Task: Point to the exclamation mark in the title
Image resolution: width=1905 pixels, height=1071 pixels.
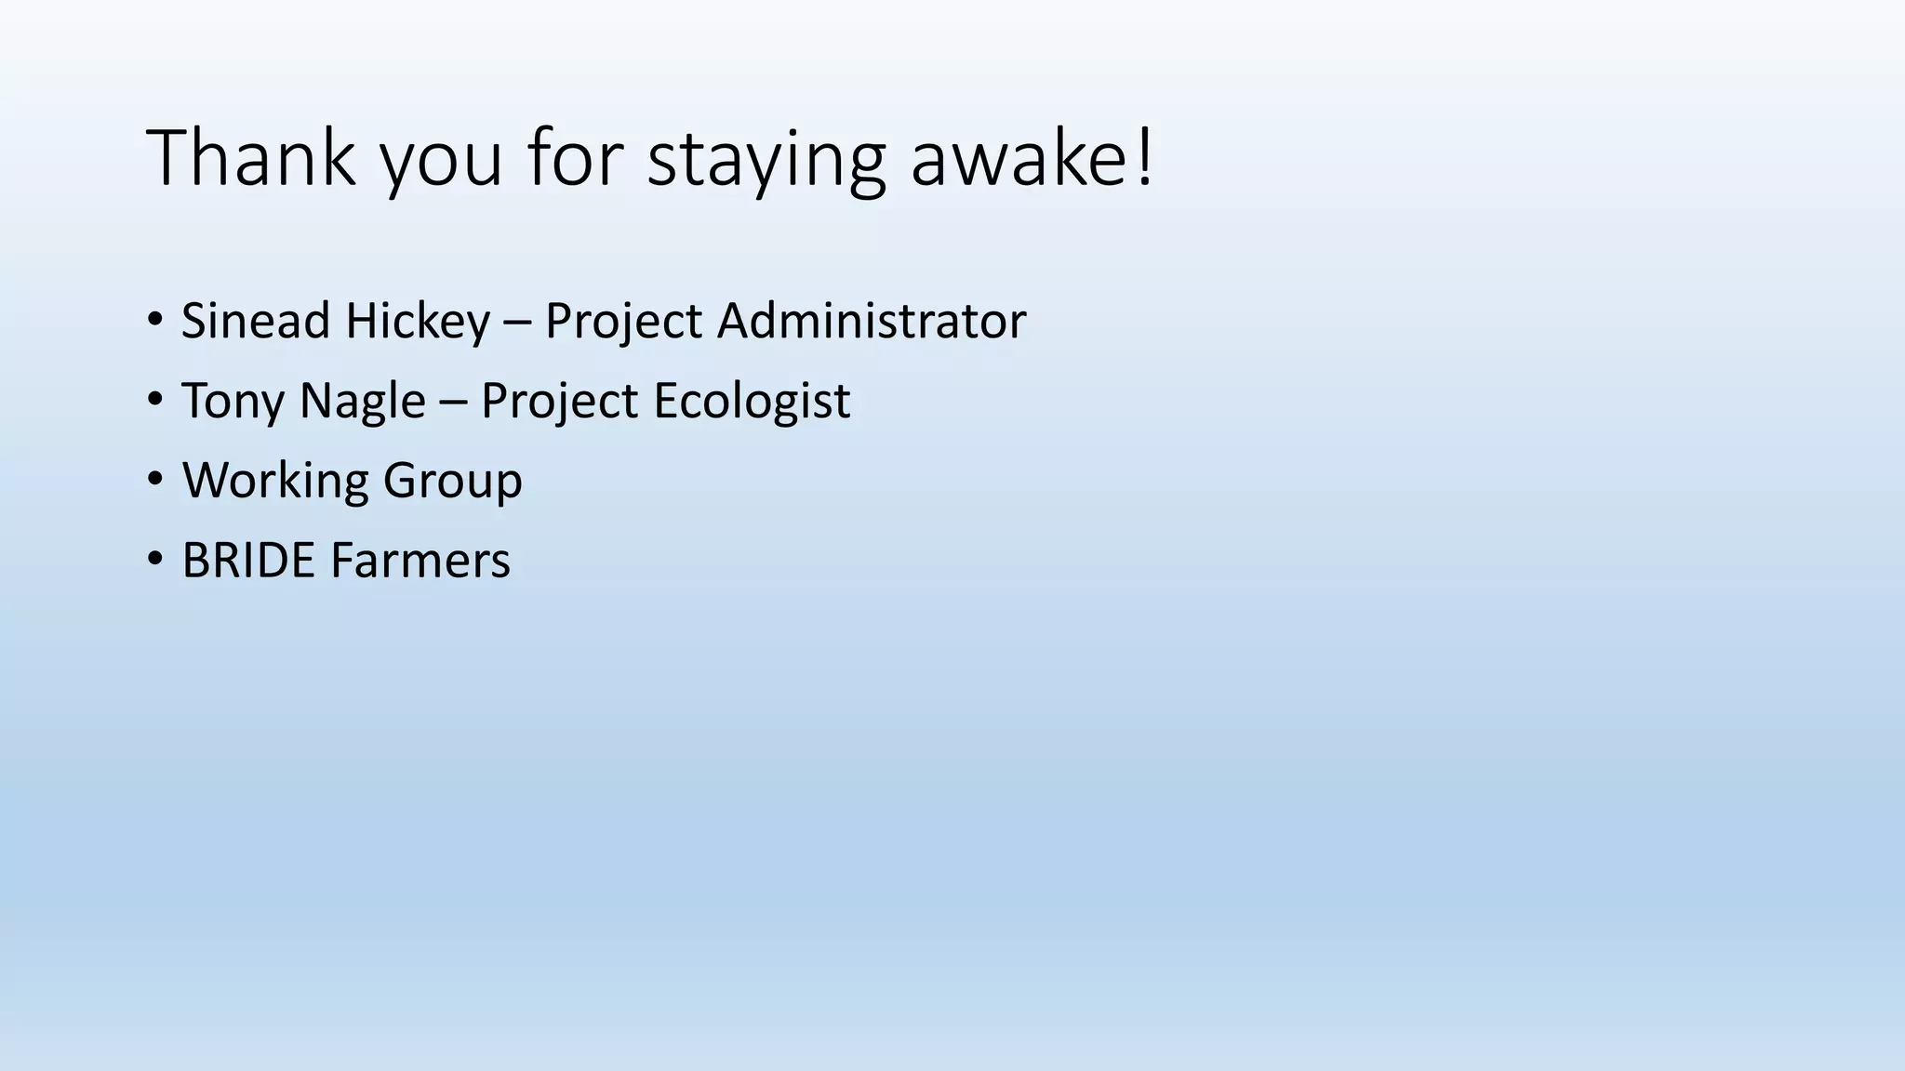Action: click(x=1145, y=158)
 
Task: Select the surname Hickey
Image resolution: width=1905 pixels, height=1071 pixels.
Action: click(x=418, y=321)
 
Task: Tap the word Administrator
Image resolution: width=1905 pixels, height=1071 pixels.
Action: click(x=871, y=321)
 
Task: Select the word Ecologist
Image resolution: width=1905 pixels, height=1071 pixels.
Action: click(x=752, y=401)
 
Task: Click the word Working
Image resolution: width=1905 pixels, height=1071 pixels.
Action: click(x=275, y=481)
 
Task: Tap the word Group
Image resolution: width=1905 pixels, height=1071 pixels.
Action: click(x=452, y=481)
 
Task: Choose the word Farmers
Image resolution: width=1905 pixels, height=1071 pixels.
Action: click(x=420, y=561)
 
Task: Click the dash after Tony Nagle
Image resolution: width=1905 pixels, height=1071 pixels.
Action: click(x=453, y=403)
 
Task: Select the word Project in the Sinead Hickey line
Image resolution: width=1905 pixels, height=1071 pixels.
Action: click(x=623, y=321)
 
